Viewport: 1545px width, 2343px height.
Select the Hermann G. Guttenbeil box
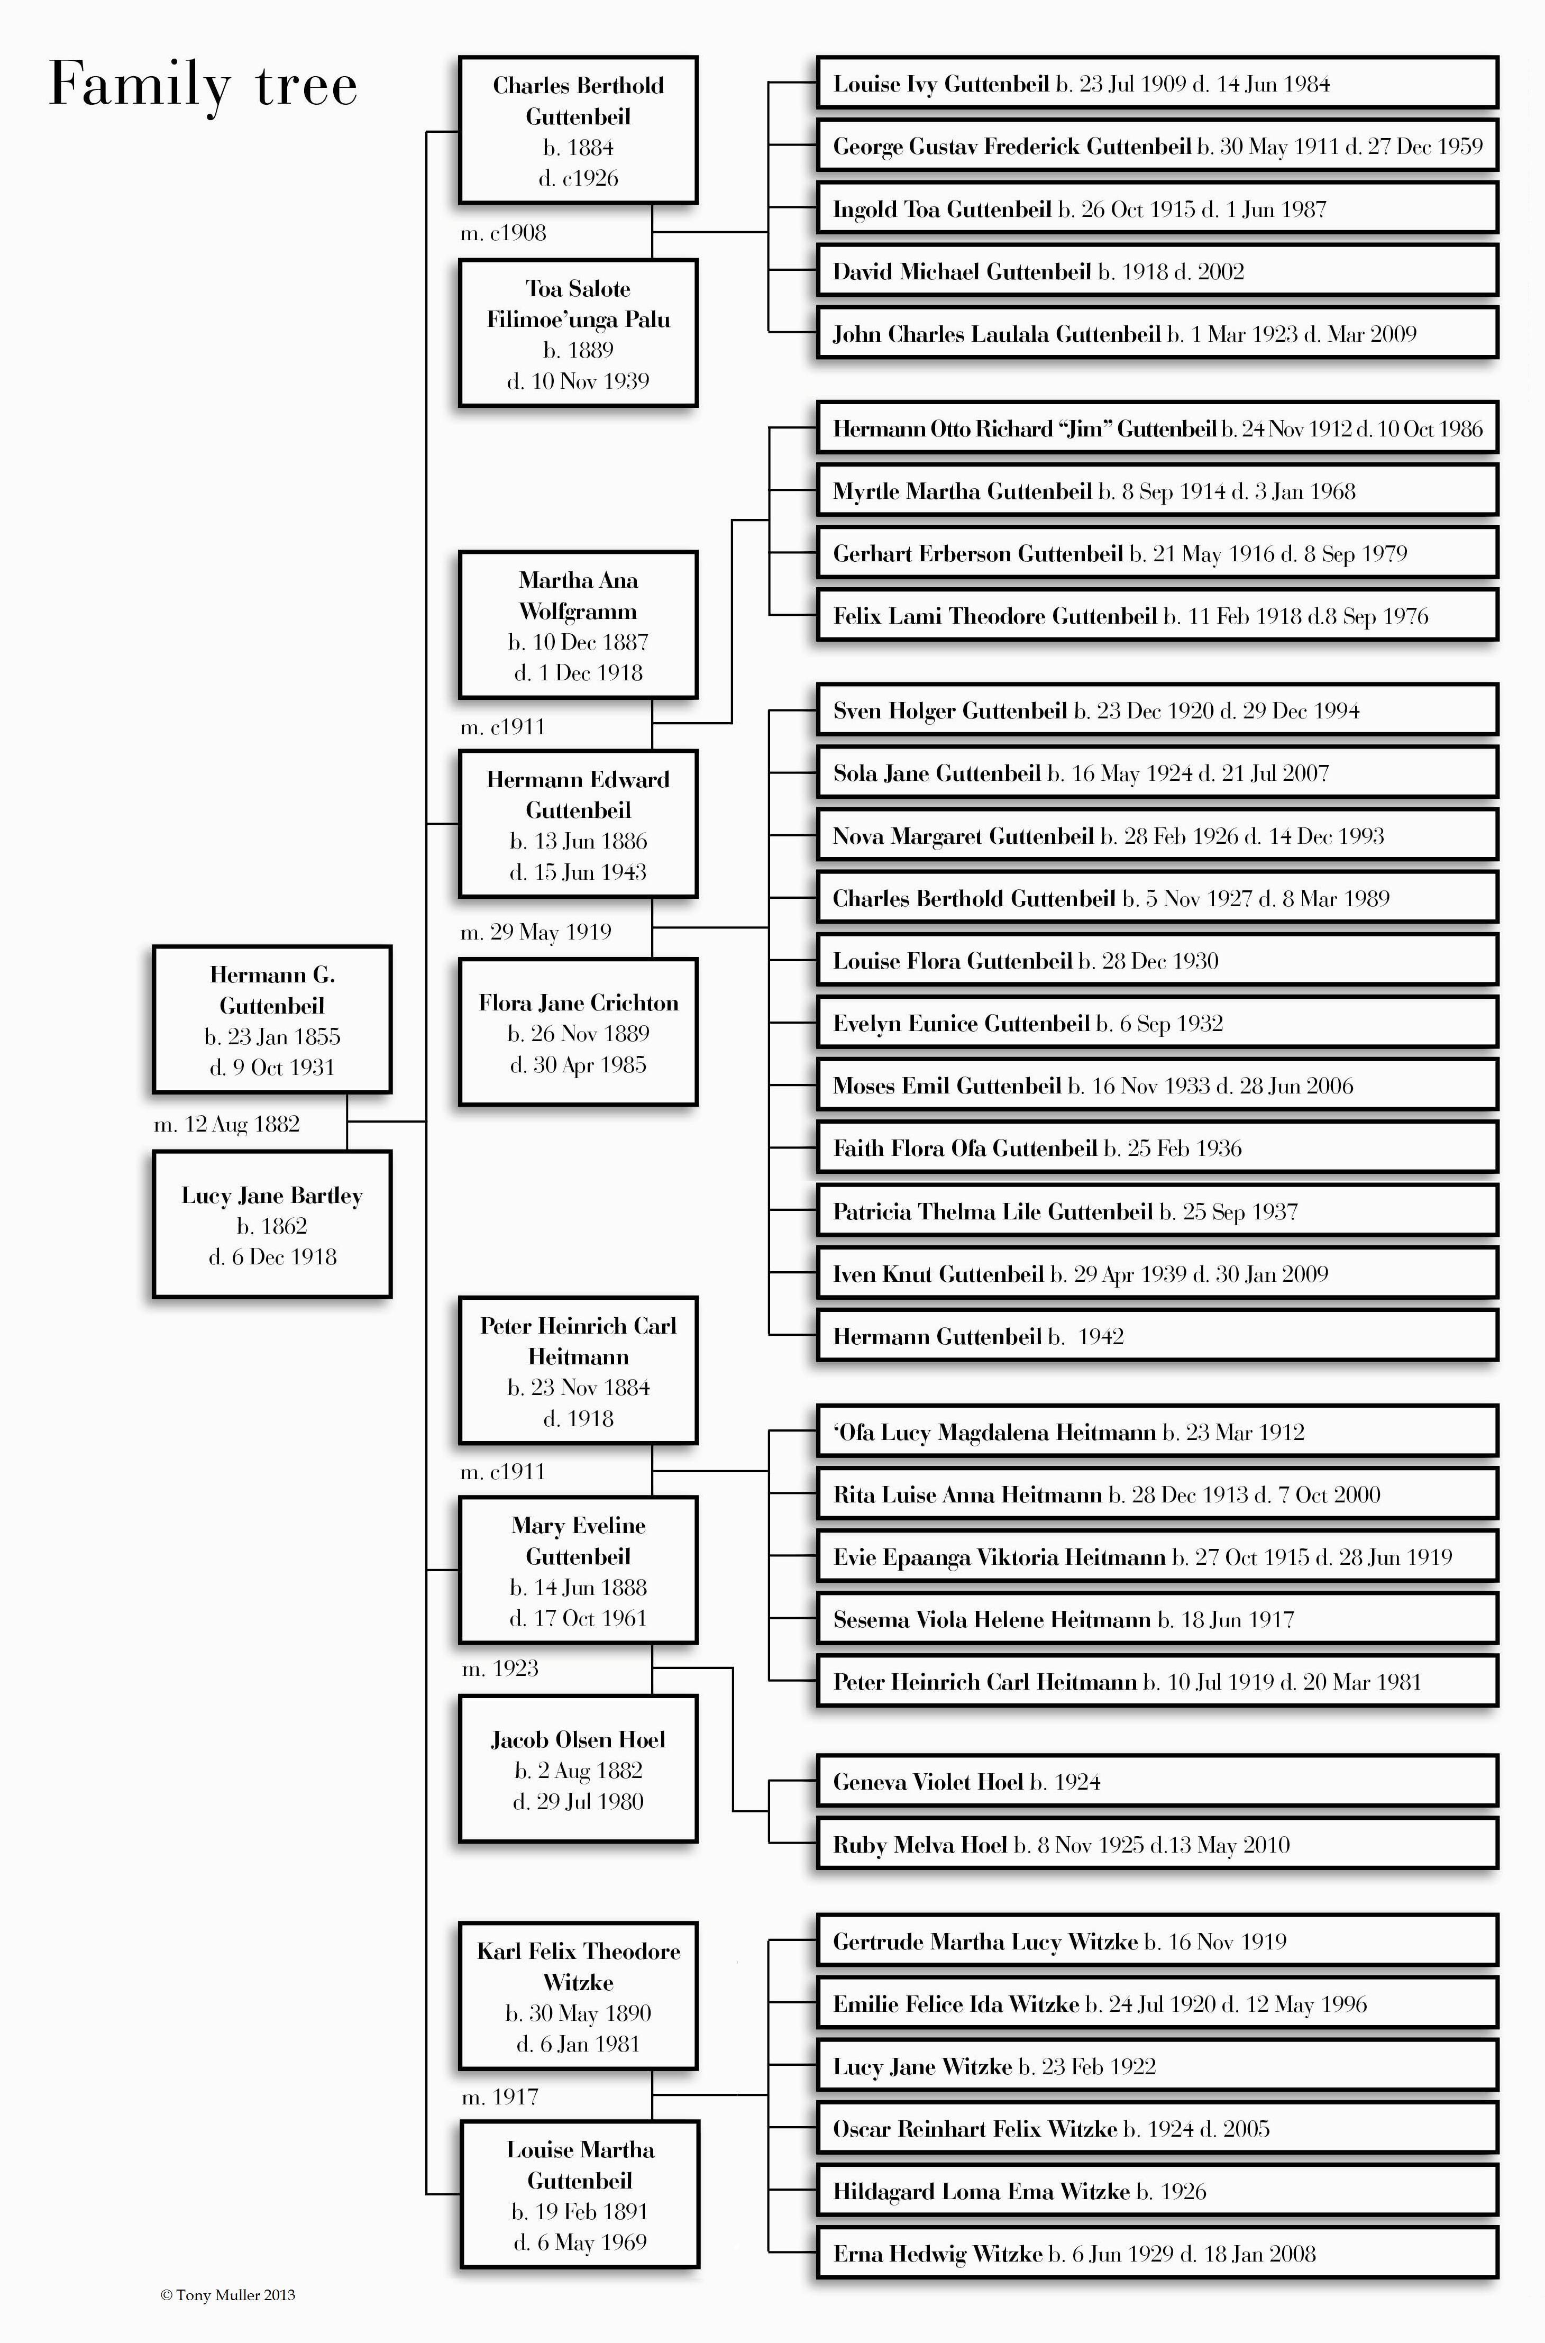point(272,1020)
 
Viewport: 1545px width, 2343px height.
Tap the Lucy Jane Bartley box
point(272,1225)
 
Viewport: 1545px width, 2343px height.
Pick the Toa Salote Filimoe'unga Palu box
point(579,334)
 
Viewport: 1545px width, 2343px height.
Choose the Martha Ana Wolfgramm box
point(579,626)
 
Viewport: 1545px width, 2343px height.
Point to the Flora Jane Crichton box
point(579,1033)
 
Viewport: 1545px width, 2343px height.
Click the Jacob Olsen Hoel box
point(579,1770)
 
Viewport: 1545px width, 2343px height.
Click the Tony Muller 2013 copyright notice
point(227,2295)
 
